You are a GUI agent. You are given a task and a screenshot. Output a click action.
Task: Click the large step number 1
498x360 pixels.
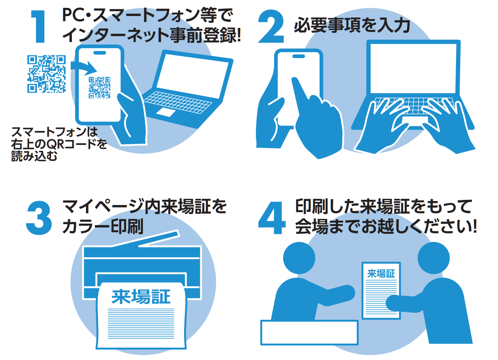pyautogui.click(x=39, y=26)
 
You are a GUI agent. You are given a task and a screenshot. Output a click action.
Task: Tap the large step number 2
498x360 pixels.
pyautogui.click(x=271, y=26)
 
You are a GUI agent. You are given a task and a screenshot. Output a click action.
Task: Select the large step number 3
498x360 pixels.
pyautogui.click(x=39, y=218)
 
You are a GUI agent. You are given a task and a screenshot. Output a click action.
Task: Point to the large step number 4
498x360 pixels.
pyautogui.click(x=272, y=218)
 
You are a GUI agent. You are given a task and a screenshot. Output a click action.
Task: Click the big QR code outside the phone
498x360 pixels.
pyautogui.click(x=46, y=74)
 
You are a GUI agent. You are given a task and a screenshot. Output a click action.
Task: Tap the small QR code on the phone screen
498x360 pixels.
pyautogui.click(x=99, y=88)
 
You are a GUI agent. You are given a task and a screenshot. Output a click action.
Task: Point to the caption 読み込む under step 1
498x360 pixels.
pyautogui.click(x=34, y=156)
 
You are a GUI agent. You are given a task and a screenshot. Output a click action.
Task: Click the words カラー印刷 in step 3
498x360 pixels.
pyautogui.click(x=103, y=226)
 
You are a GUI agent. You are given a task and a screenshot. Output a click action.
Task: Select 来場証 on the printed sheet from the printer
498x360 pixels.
pyautogui.click(x=141, y=297)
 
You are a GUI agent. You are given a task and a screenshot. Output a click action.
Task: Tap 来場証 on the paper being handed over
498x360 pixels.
pyautogui.click(x=381, y=274)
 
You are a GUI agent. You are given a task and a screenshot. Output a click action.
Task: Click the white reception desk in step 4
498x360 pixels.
pyautogui.click(x=309, y=332)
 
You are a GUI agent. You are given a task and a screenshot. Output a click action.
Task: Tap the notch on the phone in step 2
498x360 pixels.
pyautogui.click(x=299, y=56)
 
